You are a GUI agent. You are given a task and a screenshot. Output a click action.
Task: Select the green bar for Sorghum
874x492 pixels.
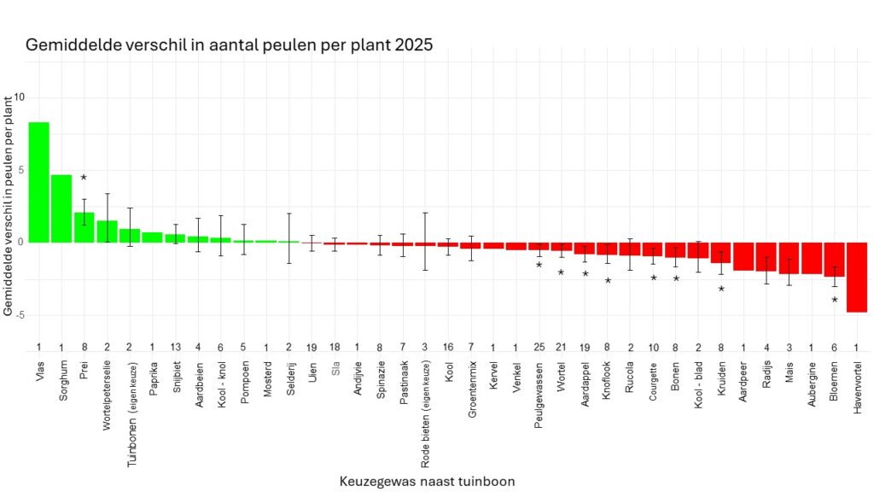pyautogui.click(x=61, y=208)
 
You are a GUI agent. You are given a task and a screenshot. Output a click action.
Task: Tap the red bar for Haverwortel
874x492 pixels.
pyautogui.click(x=857, y=277)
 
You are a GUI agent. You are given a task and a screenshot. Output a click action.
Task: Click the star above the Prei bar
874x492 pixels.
pyautogui.click(x=84, y=178)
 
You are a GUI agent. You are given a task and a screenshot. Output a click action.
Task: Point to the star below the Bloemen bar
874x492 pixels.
pyautogui.click(x=835, y=300)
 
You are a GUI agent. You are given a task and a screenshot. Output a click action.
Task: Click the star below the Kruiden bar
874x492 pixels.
pyautogui.click(x=721, y=290)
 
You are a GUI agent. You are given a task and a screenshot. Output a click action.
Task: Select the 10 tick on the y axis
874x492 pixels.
pyautogui.click(x=19, y=97)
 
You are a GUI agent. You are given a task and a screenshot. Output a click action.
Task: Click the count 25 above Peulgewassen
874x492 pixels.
pyautogui.click(x=539, y=346)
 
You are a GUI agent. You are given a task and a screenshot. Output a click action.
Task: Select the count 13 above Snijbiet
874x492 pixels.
pyautogui.click(x=175, y=346)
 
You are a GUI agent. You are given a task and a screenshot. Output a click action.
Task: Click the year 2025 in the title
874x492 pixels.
pyautogui.click(x=413, y=45)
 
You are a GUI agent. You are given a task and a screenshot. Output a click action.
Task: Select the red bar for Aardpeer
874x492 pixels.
pyautogui.click(x=743, y=256)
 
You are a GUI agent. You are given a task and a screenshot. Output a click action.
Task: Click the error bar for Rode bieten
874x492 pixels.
pyautogui.click(x=425, y=241)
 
